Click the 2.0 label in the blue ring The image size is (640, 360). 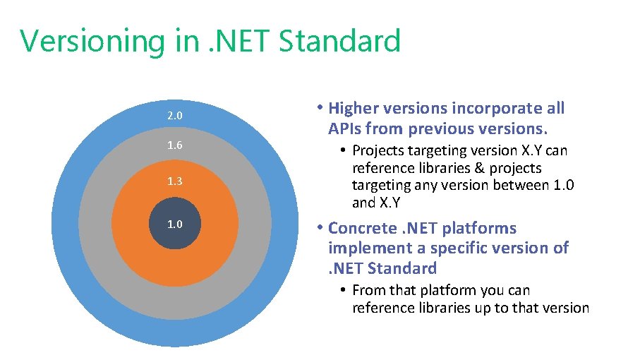point(175,115)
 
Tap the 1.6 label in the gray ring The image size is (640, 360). point(175,145)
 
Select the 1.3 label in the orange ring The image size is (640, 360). point(175,181)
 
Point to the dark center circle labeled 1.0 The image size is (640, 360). point(175,224)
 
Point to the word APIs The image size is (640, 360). point(346,129)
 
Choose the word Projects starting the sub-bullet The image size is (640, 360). point(381,150)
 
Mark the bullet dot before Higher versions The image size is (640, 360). point(320,108)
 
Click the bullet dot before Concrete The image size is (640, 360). point(320,228)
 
